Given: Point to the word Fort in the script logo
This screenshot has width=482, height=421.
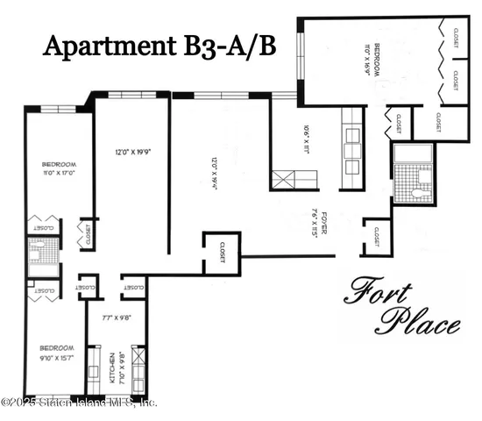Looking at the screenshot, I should (x=376, y=291).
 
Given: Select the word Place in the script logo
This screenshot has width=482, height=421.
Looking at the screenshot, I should (x=417, y=324).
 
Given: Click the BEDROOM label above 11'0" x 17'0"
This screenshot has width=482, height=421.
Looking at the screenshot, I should (x=60, y=164).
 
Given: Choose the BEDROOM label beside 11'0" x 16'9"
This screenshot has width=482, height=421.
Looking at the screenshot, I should (x=377, y=60).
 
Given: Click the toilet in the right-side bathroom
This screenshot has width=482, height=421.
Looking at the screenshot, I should (x=422, y=189).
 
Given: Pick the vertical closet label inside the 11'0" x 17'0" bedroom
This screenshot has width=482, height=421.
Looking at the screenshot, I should (x=88, y=233).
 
